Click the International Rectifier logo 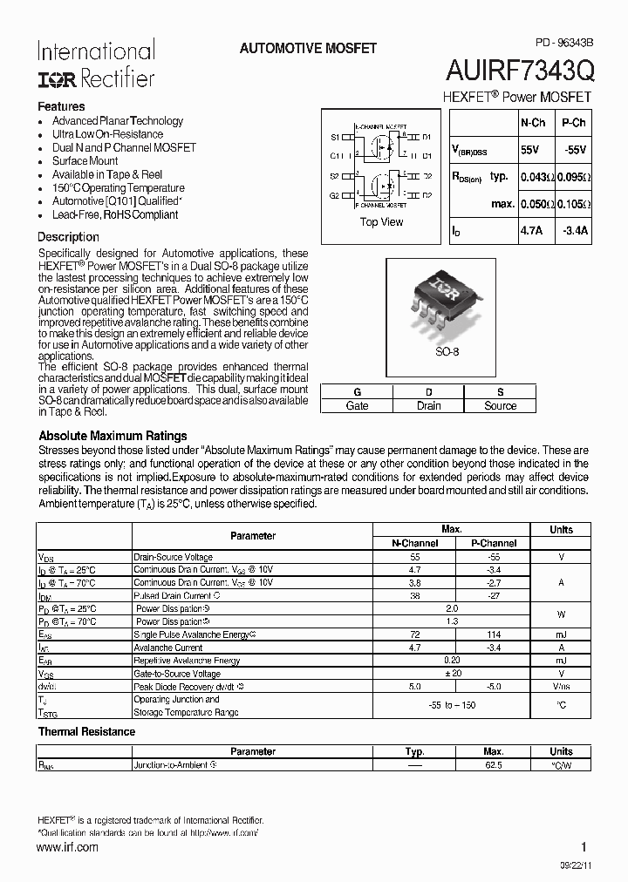pos(95,64)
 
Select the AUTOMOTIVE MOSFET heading pos(308,49)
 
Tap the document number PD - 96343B pos(563,42)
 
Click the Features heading pos(61,106)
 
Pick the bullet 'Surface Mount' pos(85,161)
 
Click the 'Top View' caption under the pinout pos(381,222)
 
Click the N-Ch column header pos(532,124)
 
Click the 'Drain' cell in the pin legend pos(428,406)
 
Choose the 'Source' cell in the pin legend pos(500,406)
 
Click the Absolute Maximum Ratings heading pos(113,436)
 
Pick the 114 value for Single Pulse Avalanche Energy pos(493,635)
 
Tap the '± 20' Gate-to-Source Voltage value pos(452,675)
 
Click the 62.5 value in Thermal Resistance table pos(493,765)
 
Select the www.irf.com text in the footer pos(68,847)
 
